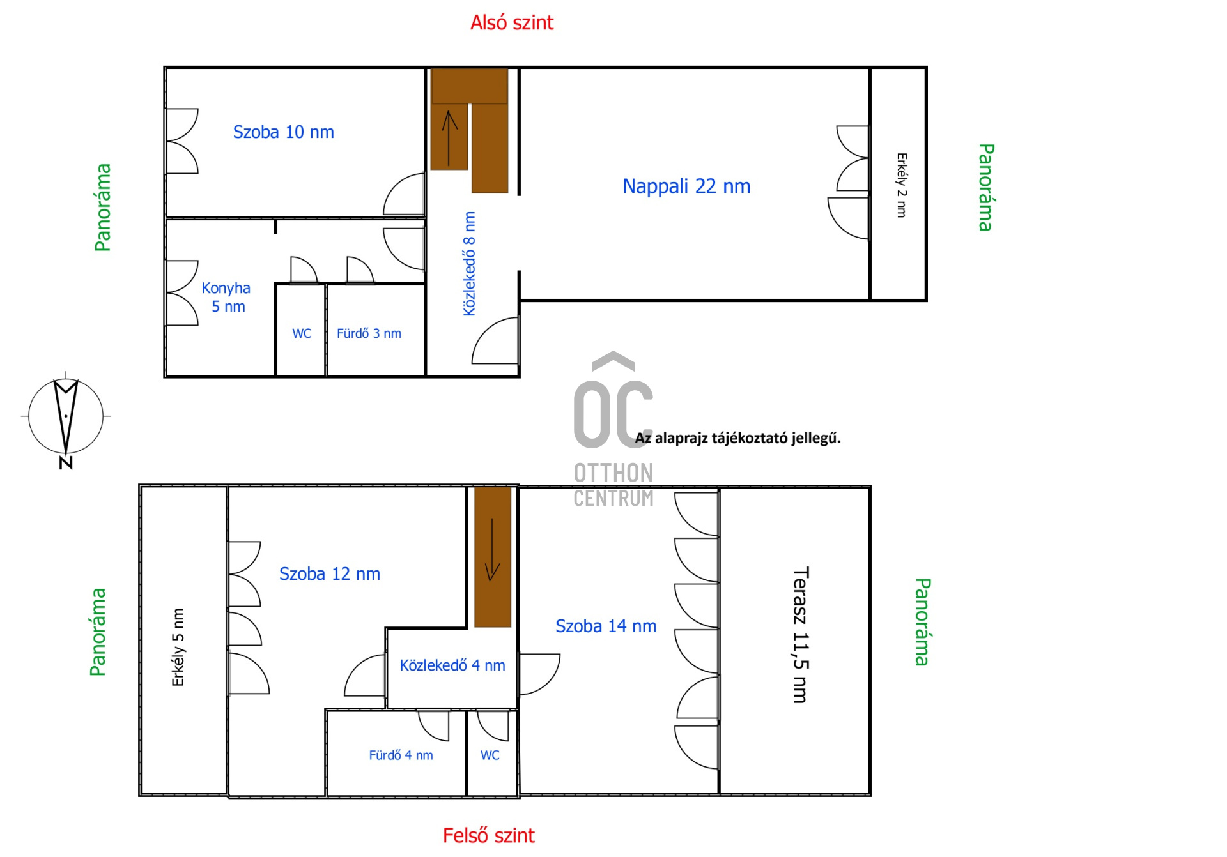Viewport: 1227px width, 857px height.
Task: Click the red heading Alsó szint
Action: click(x=512, y=23)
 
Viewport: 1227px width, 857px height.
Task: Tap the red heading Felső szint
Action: click(x=489, y=835)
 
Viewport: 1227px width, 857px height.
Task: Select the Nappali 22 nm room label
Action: click(x=686, y=186)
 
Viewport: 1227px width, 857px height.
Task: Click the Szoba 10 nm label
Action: click(x=283, y=132)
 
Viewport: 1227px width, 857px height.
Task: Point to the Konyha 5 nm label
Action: click(x=226, y=297)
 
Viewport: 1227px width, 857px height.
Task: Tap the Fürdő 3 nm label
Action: click(x=369, y=333)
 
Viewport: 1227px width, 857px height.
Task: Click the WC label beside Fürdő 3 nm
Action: click(x=302, y=333)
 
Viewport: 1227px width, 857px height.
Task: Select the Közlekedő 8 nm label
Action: click(x=470, y=264)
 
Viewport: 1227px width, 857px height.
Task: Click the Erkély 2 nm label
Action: click(x=902, y=185)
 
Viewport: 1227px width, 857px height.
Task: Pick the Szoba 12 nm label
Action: click(x=330, y=573)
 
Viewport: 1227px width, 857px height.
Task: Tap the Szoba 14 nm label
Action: click(x=606, y=626)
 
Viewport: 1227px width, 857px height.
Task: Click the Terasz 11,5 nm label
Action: click(x=801, y=635)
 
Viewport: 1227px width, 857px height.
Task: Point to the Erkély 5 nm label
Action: click(x=178, y=647)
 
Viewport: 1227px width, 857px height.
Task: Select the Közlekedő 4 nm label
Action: click(x=452, y=665)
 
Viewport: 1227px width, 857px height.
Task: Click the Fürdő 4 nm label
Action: click(x=401, y=755)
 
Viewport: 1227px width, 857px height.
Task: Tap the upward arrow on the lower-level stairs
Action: click(x=450, y=138)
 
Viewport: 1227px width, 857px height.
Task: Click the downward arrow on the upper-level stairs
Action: click(x=492, y=550)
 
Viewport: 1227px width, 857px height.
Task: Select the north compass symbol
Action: click(x=66, y=420)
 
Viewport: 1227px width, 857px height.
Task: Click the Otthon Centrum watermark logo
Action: click(x=613, y=429)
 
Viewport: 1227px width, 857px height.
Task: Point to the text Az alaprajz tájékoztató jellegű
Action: click(x=737, y=438)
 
